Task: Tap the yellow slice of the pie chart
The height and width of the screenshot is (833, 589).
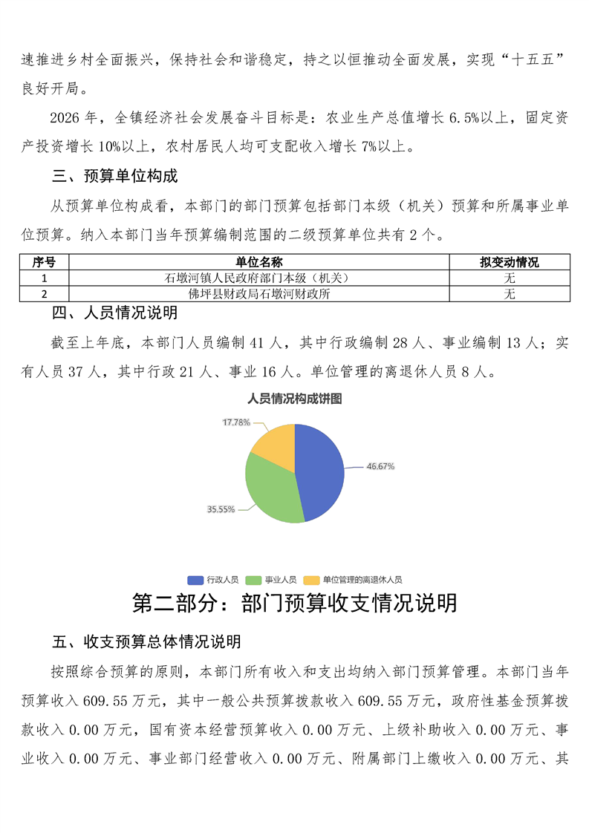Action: [275, 443]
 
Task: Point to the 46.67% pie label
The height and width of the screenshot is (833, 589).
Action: [380, 466]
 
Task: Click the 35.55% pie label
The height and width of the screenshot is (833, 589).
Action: [221, 509]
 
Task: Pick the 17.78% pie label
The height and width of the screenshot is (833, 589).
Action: [236, 422]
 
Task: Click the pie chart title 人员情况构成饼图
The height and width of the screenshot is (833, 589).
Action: [295, 399]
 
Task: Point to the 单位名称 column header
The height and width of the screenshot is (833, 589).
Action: [259, 263]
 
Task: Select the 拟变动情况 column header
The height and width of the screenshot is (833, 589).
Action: [510, 263]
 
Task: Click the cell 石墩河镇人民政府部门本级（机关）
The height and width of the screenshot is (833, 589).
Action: [259, 278]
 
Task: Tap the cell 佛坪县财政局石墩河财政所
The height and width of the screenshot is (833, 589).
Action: [259, 294]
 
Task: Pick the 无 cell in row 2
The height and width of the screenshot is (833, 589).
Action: [510, 294]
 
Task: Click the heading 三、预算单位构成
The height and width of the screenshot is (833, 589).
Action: [114, 177]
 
